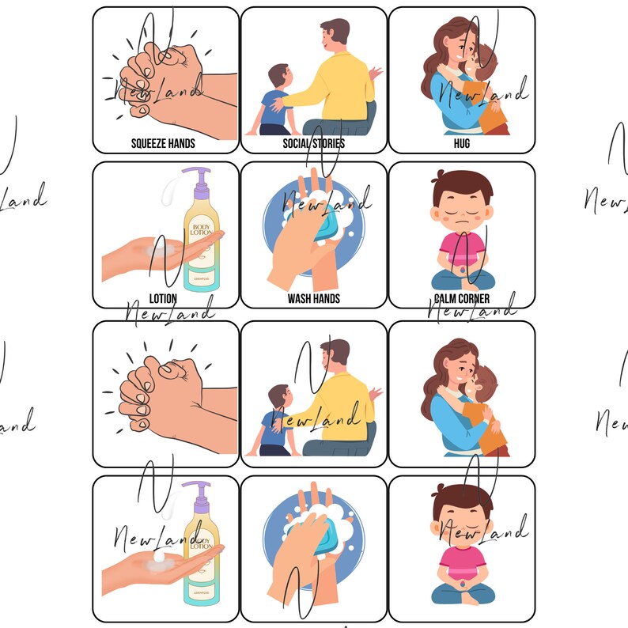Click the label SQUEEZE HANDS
point(163,143)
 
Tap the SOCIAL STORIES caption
point(313,143)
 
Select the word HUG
point(461,143)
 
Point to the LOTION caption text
point(163,298)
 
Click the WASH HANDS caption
point(313,298)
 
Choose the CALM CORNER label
point(461,298)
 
